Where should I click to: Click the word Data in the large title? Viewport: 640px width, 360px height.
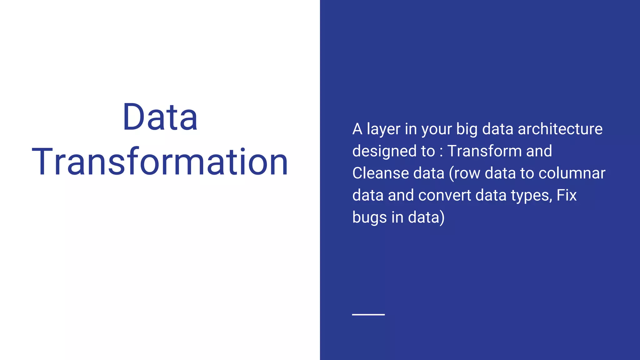[160, 117]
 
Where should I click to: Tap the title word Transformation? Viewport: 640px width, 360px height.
[160, 162]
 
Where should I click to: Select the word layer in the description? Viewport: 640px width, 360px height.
[383, 129]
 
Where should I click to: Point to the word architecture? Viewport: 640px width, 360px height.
[560, 129]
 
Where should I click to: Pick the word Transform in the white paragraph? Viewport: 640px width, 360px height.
[484, 151]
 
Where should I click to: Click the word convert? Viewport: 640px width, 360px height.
[445, 195]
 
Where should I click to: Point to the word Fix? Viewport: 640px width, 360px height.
[567, 195]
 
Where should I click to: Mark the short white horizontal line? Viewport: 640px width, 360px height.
[368, 314]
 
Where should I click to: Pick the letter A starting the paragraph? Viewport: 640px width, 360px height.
[357, 129]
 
